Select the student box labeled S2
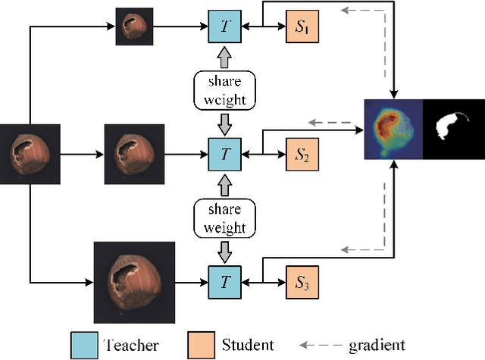point(302,154)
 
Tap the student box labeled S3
point(302,280)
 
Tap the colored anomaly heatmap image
point(393,129)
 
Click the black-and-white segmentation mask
point(452,129)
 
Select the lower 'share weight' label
point(225,218)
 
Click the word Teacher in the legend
point(130,345)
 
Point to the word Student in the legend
point(247,345)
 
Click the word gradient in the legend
point(377,346)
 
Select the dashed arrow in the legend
point(321,345)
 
